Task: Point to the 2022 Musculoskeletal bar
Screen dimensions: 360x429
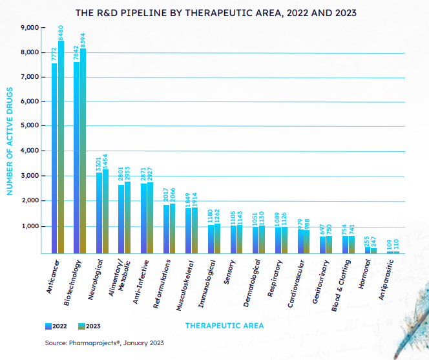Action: point(188,230)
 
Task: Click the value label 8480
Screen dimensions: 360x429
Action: point(61,32)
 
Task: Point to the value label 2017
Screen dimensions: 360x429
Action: point(165,196)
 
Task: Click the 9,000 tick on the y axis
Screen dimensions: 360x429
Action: point(30,28)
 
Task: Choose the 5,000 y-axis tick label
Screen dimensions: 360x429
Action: point(30,126)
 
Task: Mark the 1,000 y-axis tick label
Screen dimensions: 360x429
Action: point(30,226)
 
